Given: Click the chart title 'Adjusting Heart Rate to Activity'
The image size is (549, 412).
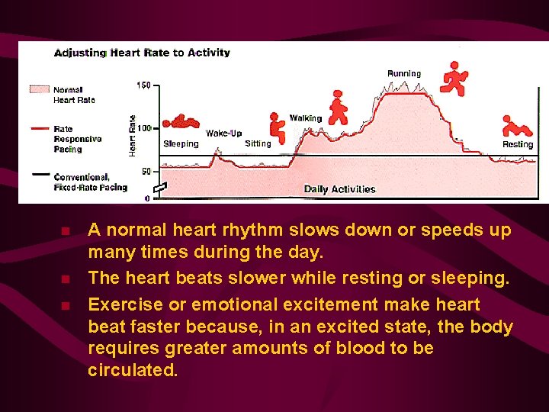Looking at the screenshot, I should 142,53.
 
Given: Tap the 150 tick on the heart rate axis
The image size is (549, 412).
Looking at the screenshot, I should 143,85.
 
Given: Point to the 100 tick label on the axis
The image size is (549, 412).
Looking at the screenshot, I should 143,127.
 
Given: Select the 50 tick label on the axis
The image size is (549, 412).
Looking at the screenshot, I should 145,170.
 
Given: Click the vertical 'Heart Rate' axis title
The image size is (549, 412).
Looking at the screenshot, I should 132,137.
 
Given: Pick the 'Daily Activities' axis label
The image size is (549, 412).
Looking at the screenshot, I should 339,189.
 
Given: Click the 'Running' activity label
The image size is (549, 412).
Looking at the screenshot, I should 403,73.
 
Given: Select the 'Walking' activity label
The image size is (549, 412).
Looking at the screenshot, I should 305,118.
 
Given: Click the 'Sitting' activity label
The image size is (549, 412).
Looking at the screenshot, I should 258,143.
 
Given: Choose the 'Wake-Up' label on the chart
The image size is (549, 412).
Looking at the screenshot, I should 223,134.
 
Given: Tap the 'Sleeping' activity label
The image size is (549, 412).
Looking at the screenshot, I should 181,143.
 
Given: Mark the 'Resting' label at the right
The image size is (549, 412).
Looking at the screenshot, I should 518,144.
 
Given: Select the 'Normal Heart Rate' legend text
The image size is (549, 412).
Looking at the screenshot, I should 74,95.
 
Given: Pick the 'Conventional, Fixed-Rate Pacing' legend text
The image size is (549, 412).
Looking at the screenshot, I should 90,182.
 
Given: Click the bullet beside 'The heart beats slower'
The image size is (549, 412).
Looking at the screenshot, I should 66,279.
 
